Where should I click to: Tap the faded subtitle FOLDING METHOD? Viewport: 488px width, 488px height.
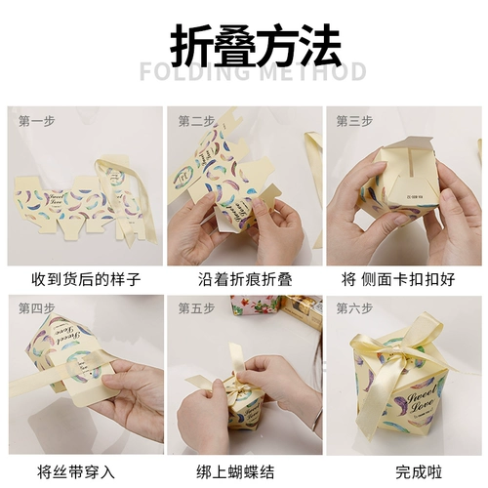click(x=253, y=72)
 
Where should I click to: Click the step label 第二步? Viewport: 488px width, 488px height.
click(x=196, y=121)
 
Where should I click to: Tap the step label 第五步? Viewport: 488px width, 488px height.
click(x=196, y=308)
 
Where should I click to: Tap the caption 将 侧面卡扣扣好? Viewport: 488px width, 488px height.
click(x=401, y=279)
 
